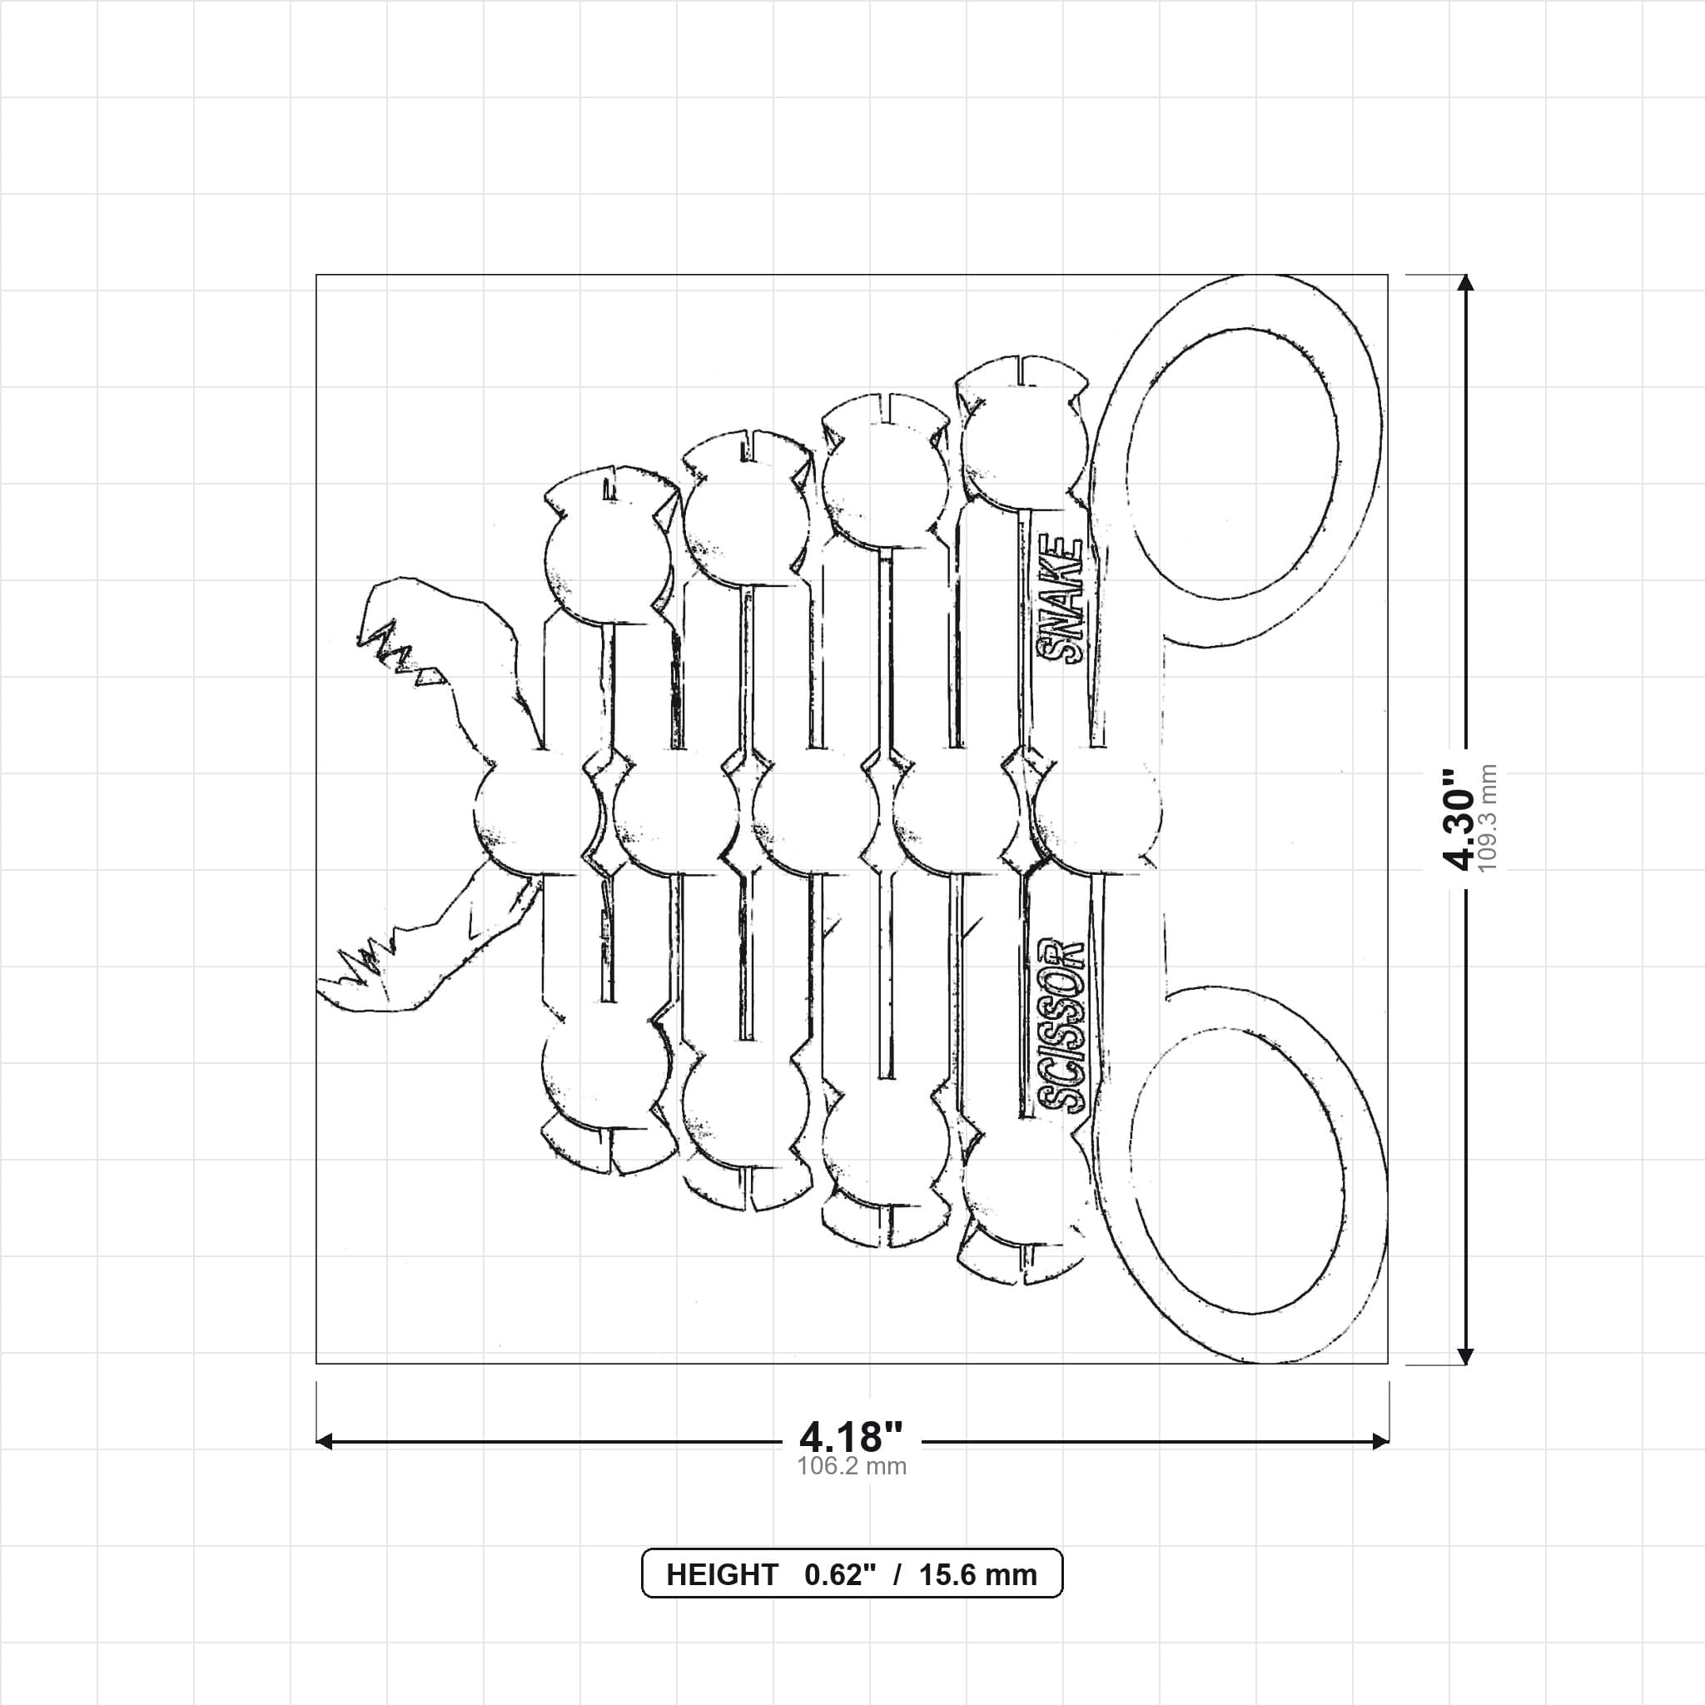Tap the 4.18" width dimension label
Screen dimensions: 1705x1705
point(852,1438)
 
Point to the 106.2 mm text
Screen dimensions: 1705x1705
point(852,1467)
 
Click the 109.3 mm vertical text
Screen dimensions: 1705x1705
point(1488,819)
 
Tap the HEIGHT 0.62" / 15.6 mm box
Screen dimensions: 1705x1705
point(852,1573)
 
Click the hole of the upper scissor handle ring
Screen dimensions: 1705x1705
point(1233,464)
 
